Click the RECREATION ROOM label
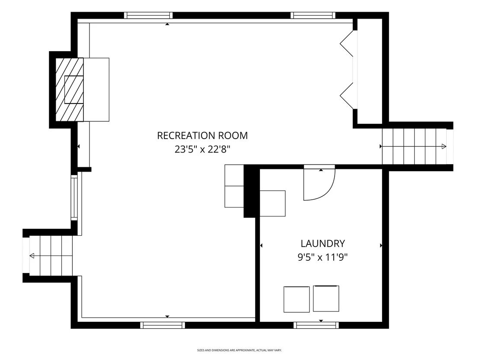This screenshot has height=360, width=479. [202, 136]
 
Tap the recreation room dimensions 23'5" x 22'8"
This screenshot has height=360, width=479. [202, 149]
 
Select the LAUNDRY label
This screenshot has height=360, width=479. [323, 243]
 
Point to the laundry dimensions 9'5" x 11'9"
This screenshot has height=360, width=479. [323, 257]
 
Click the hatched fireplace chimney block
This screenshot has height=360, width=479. [69, 89]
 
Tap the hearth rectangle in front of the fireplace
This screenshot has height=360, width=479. [96, 89]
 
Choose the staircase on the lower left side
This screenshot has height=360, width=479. [51, 256]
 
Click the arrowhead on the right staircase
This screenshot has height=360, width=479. [444, 146]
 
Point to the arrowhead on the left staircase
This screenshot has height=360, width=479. [32, 256]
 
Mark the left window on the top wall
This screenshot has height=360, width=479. [148, 15]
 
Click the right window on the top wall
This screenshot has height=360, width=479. [313, 15]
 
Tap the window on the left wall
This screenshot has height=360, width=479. [74, 198]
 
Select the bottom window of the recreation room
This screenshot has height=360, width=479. [163, 325]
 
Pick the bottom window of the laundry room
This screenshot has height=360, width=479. [316, 325]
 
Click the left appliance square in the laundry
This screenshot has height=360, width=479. [297, 299]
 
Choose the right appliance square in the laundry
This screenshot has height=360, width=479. [326, 298]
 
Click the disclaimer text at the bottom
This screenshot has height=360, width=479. [239, 350]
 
